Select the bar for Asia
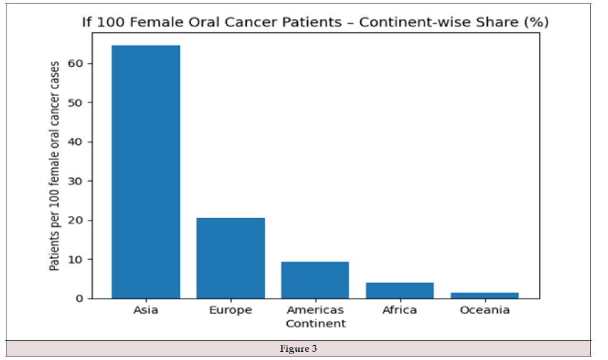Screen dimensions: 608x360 tap(146, 172)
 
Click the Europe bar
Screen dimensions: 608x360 tap(231, 259)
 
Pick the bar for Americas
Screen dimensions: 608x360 tap(315, 280)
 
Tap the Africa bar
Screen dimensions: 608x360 tap(400, 291)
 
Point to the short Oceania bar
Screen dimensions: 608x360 tap(485, 296)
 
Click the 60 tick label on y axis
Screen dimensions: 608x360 tap(76, 63)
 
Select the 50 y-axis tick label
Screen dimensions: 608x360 tap(76, 103)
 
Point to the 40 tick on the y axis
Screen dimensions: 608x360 tap(76, 142)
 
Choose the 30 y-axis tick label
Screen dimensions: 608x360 tap(76, 181)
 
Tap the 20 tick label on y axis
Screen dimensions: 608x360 tap(76, 220)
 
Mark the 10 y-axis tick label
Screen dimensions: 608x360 tap(76, 260)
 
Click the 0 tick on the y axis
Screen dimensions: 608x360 tap(80, 298)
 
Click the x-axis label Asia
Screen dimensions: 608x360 tap(146, 310)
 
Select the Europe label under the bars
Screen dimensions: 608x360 tap(231, 310)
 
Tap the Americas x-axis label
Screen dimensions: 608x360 tap(315, 310)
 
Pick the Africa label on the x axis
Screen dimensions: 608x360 tap(400, 310)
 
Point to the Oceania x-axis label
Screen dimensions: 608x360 tap(485, 310)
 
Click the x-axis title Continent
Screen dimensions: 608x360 tap(315, 324)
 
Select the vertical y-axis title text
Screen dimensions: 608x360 tap(55, 166)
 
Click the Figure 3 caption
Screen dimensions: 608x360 tap(298, 348)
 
